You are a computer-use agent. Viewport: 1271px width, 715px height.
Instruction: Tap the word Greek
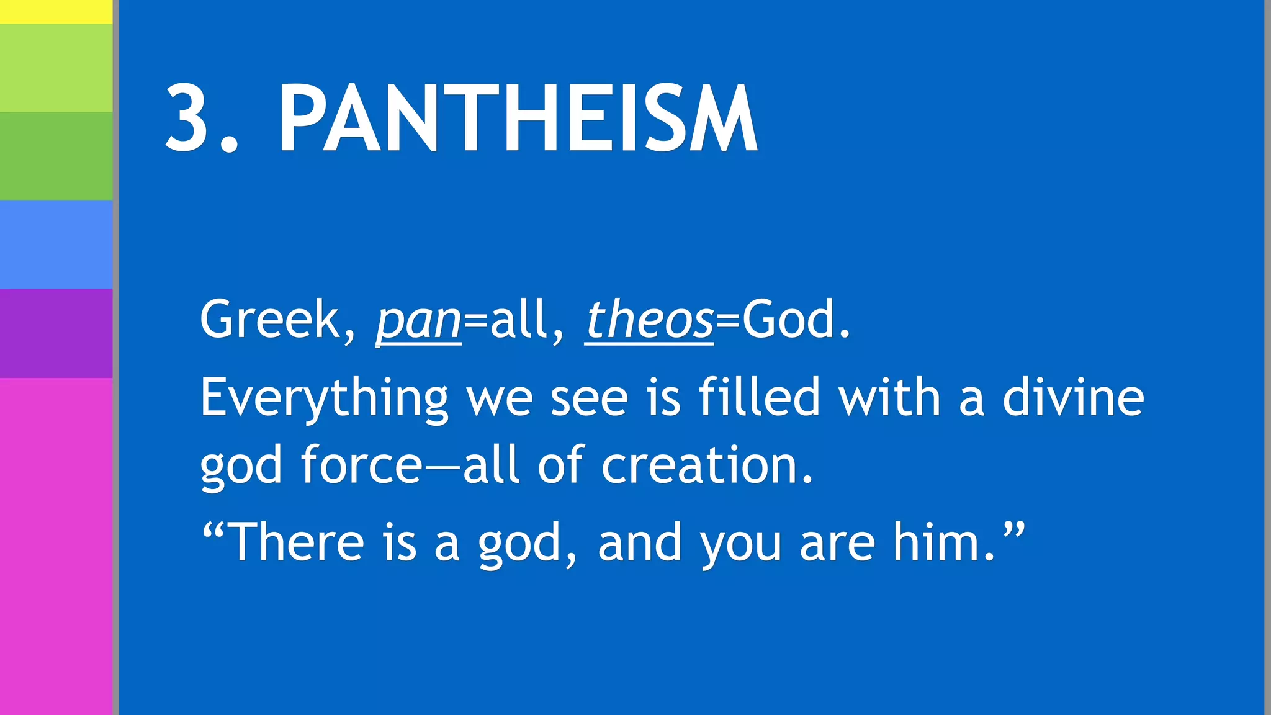point(271,320)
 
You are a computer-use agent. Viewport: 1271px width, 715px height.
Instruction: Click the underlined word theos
point(649,320)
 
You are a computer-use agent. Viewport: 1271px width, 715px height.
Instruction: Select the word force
point(362,465)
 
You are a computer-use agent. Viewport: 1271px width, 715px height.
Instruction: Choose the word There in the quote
point(297,542)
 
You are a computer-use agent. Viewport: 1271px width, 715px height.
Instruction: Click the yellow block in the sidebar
point(56,11)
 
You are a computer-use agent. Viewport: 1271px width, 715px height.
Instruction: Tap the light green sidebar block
point(56,68)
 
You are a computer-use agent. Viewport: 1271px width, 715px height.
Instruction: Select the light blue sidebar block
point(56,245)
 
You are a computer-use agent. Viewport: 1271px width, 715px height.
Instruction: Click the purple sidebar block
point(56,333)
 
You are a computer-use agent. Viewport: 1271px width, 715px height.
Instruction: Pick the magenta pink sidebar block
point(56,546)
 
